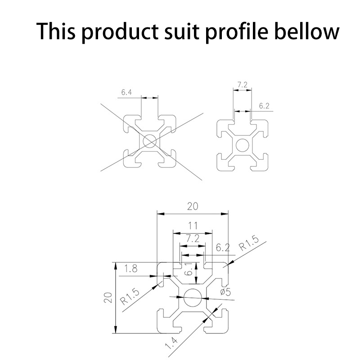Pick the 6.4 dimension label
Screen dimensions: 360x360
[126, 93]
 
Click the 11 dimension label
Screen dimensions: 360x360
[193, 226]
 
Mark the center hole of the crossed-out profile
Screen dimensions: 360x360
[149, 141]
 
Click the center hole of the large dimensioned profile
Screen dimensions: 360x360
[193, 297]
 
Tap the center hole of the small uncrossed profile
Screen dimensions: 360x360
[243, 145]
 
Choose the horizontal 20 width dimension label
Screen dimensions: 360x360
[193, 207]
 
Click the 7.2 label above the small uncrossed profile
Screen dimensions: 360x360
[242, 85]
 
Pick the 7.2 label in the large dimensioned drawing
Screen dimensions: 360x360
[193, 239]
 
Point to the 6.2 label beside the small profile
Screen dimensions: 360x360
[264, 106]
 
